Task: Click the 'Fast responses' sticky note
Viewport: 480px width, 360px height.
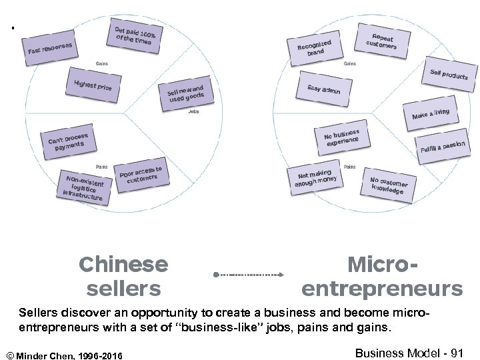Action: (x=50, y=45)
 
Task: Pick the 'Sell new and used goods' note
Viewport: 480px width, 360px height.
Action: (x=186, y=94)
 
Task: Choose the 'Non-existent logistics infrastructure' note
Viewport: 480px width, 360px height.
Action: (x=84, y=188)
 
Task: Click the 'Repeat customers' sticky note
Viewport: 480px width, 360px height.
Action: (x=382, y=40)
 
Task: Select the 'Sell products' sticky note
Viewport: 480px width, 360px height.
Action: (x=449, y=75)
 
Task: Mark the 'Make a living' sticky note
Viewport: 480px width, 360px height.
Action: (x=431, y=114)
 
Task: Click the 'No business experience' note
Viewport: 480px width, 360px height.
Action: (x=342, y=138)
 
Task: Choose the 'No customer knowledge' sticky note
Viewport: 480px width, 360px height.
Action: (x=389, y=185)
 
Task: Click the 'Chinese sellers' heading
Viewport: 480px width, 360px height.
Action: (x=123, y=276)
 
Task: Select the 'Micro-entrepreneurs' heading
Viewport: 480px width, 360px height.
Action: (x=382, y=276)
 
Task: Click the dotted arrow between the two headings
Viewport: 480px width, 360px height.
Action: (x=249, y=274)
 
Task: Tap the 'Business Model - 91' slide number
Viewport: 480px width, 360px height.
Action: (x=409, y=353)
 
